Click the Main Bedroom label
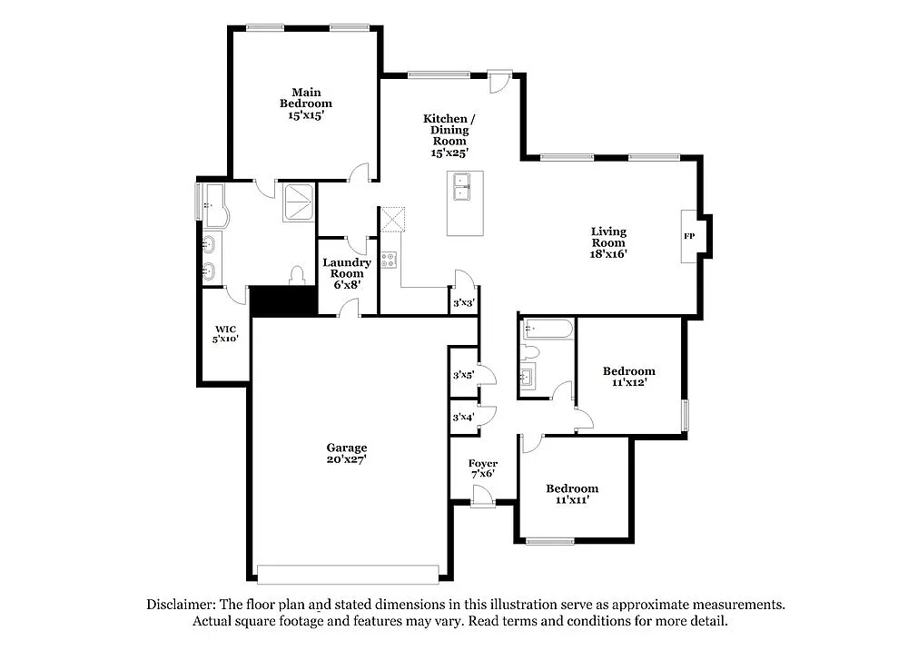coord(305,103)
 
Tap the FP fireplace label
coord(689,236)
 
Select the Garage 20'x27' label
coord(347,453)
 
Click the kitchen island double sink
coord(464,187)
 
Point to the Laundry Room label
coord(347,273)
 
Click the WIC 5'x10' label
coord(225,334)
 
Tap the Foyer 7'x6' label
coord(483,468)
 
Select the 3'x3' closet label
coord(463,303)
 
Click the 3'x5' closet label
coord(464,375)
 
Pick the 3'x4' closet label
coord(464,418)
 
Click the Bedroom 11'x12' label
coord(628,377)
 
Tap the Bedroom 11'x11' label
coord(572,494)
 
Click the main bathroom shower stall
coord(299,202)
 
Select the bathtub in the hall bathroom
coord(548,329)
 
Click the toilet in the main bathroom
coord(296,275)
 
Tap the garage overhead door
coord(347,574)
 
